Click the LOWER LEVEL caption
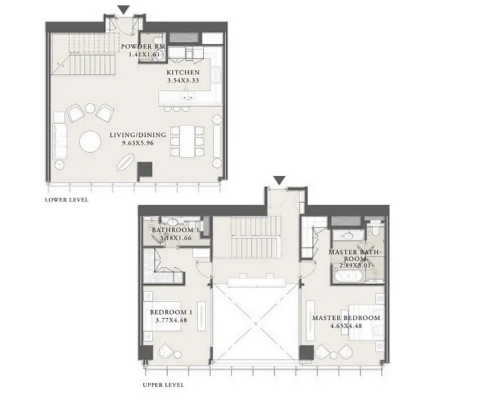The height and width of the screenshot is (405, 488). coord(66,200)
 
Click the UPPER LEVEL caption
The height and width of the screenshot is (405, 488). coord(164,385)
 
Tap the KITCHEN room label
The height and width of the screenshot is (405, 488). coord(183,72)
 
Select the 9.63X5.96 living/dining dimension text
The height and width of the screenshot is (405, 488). coord(138,143)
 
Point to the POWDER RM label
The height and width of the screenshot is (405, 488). coord(143,47)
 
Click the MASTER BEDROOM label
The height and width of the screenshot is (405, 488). coord(346,318)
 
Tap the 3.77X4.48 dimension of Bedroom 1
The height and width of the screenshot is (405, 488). coord(171,321)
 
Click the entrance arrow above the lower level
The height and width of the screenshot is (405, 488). coord(124,10)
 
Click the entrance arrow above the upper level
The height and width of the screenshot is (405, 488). coord(279,181)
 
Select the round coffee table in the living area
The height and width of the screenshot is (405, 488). coord(90,141)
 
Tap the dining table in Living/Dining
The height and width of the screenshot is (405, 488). coord(187,141)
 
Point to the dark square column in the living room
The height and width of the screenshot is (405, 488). coord(145,170)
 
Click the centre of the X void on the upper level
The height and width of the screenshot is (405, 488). coord(255,323)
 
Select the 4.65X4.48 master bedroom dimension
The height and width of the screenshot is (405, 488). coord(346,326)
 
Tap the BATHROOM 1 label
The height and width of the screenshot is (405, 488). coord(176,230)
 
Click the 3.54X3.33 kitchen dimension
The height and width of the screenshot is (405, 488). coord(183,80)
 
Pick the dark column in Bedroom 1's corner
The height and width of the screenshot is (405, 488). coord(145,353)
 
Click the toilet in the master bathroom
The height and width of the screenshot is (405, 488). coord(375,230)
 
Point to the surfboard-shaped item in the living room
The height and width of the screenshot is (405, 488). coord(125,163)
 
